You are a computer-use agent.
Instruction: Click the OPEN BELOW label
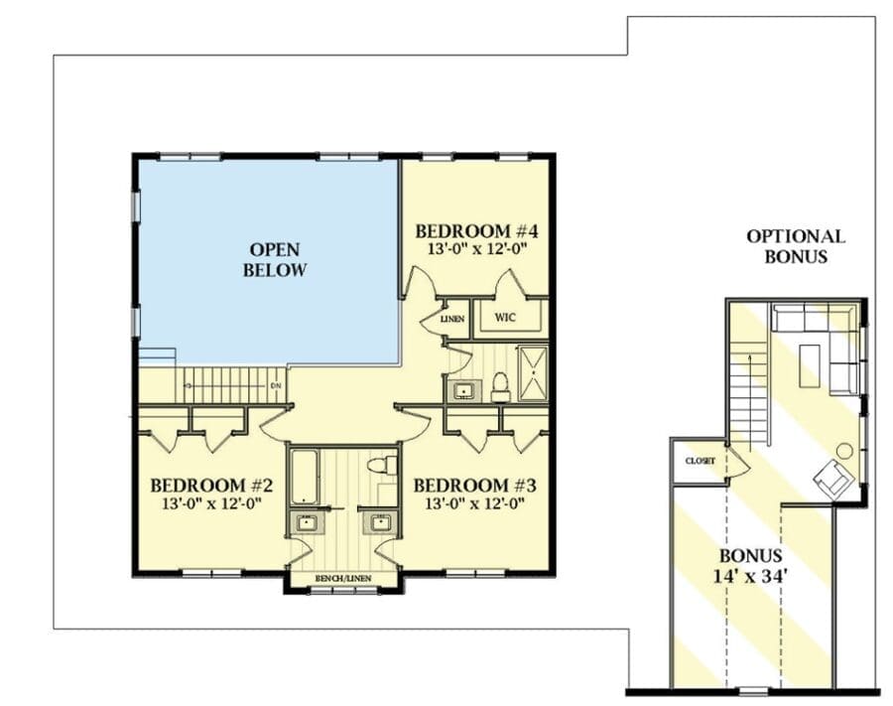[x=275, y=259]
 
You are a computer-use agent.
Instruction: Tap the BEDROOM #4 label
[x=476, y=231]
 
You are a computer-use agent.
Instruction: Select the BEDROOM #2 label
[x=211, y=486]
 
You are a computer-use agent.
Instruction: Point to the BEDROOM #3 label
[x=474, y=486]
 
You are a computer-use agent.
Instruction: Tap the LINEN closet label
[x=452, y=319]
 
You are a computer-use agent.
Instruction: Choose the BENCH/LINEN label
[x=343, y=578]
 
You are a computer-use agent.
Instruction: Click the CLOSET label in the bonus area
[x=700, y=461]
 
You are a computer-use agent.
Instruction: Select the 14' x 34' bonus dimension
[x=750, y=576]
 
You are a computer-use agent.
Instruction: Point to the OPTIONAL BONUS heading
[x=796, y=246]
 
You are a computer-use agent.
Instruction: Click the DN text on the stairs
[x=276, y=385]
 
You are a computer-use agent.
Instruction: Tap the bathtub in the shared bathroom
[x=305, y=477]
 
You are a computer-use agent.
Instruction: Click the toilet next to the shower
[x=500, y=385]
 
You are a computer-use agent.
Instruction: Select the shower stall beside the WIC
[x=533, y=372]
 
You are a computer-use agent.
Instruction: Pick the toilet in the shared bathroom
[x=382, y=465]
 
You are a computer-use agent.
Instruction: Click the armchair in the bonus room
[x=833, y=479]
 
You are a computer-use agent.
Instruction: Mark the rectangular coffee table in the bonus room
[x=810, y=365]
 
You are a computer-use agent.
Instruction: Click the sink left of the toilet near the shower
[x=463, y=391]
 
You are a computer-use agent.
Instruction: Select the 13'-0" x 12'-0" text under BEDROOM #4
[x=475, y=249]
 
